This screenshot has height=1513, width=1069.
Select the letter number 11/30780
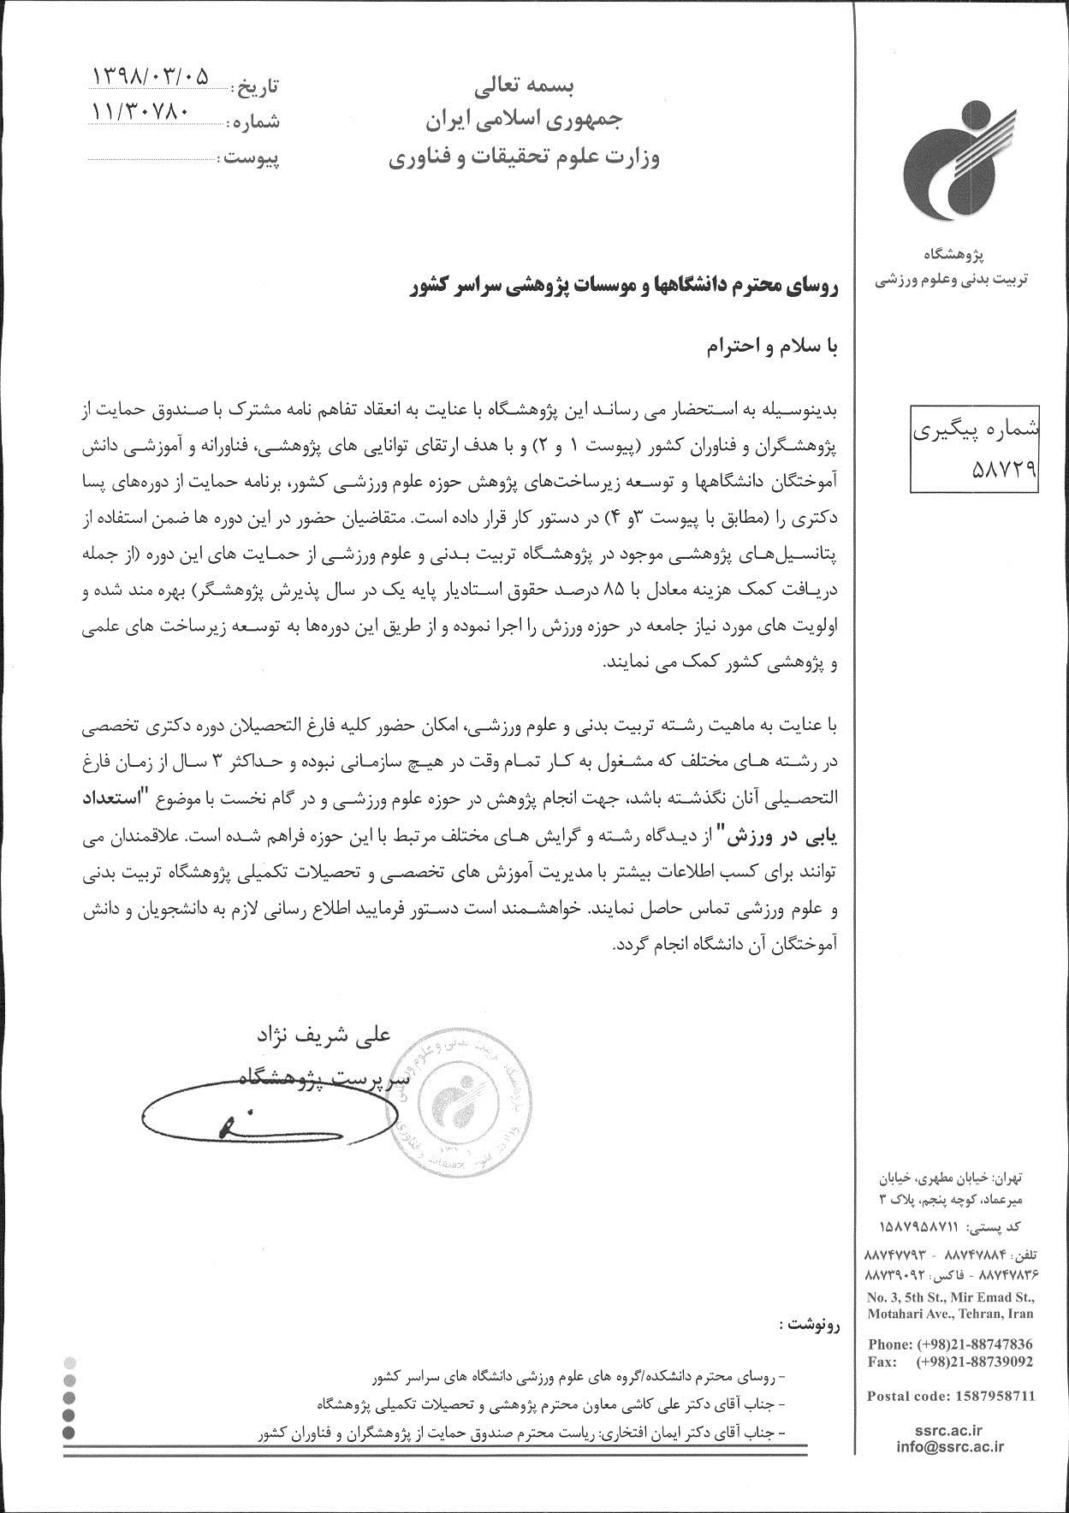click(141, 111)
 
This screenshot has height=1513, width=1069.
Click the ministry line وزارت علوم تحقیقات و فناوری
click(523, 158)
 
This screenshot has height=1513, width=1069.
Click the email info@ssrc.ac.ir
click(951, 1446)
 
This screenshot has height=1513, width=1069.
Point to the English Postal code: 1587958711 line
click(951, 1396)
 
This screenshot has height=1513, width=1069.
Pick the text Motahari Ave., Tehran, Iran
click(950, 1314)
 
